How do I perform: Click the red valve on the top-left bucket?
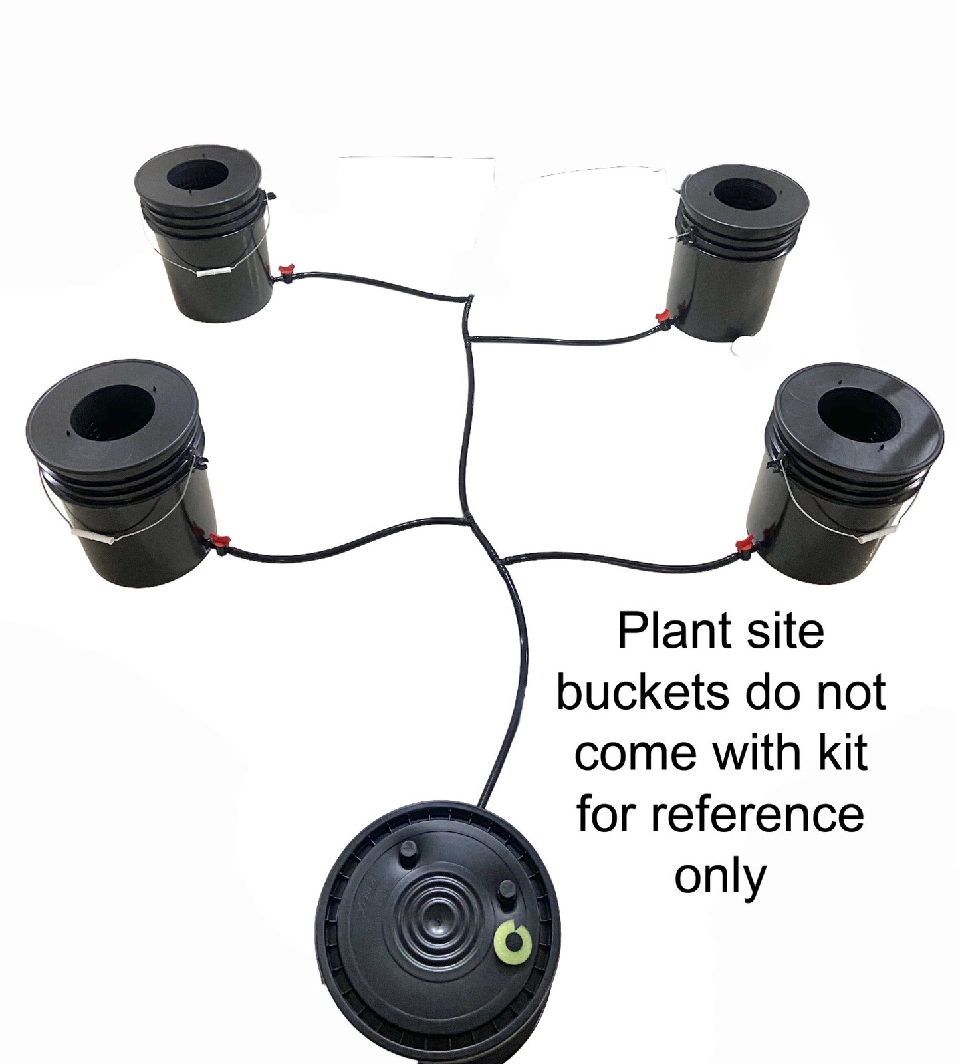[286, 271]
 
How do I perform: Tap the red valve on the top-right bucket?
[661, 318]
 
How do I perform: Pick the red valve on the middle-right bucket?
[743, 545]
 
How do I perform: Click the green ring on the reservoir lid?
[513, 940]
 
